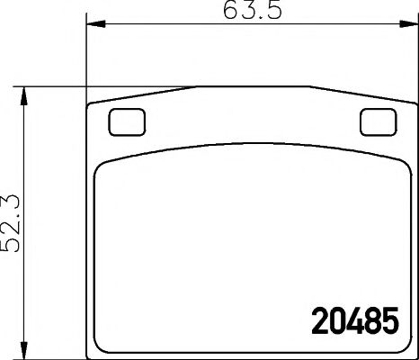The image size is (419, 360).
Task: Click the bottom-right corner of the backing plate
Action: [407, 352]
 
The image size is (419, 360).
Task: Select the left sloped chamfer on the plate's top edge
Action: [144, 94]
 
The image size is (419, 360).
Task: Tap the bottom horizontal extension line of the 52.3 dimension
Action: [54, 353]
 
